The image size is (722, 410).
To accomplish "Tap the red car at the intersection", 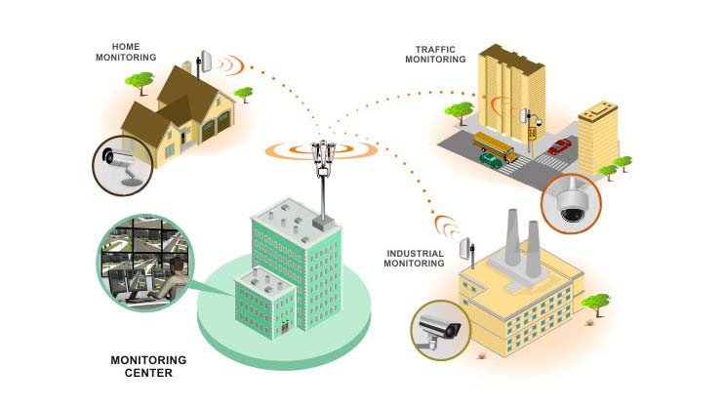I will click(x=559, y=146).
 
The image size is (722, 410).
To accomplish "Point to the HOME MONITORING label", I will click(x=126, y=52).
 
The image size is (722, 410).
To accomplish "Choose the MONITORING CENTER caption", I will click(x=148, y=366).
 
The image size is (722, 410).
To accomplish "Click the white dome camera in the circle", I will click(x=570, y=202).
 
